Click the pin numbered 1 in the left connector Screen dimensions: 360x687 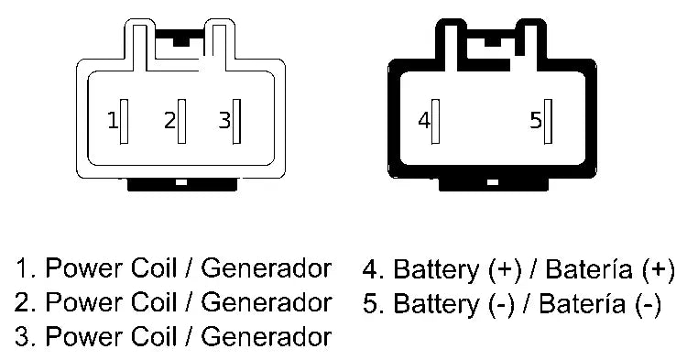124,120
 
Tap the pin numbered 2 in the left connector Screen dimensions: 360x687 181,120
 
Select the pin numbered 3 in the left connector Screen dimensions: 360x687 237,121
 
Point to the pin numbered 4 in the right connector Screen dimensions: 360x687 437,121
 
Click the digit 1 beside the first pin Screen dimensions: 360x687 112,121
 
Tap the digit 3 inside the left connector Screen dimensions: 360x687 224,121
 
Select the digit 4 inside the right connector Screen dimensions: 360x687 423,121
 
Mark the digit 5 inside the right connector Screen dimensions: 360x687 536,121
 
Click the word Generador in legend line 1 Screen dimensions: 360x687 266,269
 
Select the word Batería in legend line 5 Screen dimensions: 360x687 581,302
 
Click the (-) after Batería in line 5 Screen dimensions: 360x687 647,302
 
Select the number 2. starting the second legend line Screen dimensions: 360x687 25,302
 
